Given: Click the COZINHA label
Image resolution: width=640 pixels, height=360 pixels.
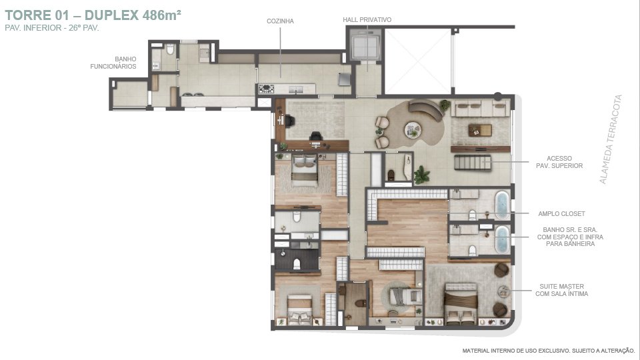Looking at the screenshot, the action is [280, 21].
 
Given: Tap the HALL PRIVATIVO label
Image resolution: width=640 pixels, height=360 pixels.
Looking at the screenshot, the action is [367, 19].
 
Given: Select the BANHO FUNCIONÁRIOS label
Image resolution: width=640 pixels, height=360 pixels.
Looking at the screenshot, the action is [113, 63].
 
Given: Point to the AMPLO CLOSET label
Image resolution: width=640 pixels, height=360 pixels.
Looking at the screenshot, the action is [561, 213].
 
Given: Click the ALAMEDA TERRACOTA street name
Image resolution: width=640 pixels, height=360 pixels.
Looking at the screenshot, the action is [611, 139].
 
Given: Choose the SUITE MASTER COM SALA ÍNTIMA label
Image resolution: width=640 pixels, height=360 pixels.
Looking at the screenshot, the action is [561, 290].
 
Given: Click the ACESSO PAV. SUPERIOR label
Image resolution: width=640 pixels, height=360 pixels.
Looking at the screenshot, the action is [559, 162].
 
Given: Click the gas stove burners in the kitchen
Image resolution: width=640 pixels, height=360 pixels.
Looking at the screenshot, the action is [266, 89].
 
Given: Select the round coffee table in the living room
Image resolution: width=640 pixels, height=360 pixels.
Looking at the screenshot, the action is [413, 130].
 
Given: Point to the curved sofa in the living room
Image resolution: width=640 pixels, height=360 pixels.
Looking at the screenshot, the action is [426, 109].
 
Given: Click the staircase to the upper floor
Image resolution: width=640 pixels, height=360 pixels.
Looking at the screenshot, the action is [473, 163].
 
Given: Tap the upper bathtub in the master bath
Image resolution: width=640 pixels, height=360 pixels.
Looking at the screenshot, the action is [501, 205].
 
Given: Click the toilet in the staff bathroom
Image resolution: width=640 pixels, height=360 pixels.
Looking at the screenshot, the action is [170, 49].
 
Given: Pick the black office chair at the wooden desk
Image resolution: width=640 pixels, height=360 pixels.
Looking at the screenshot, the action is [315, 136].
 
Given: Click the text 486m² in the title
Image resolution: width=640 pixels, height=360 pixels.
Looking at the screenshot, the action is [161, 15].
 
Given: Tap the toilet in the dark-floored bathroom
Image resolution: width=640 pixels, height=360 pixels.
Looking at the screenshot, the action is [297, 265].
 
